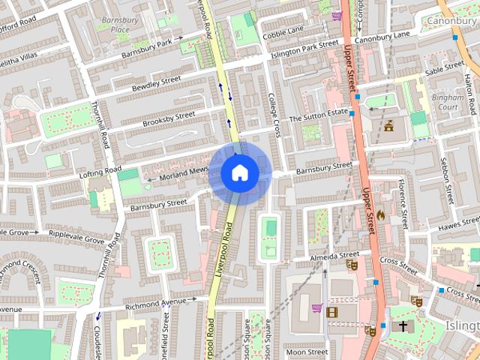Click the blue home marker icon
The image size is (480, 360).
click(239, 172)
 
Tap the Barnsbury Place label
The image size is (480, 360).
click(115, 24)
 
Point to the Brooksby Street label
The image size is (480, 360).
click(169, 118)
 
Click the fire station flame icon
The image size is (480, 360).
click(380, 215)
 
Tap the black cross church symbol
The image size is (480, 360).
click(403, 326)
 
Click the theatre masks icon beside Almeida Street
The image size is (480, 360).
click(352, 263)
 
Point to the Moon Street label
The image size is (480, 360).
click(307, 352)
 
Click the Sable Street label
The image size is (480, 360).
click(445, 68)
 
